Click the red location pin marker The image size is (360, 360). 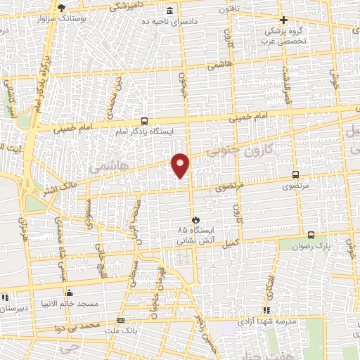click(181, 164)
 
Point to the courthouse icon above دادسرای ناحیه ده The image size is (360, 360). click(171, 11)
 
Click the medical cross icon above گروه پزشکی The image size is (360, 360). click(283, 20)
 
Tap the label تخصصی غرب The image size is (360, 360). click(286, 41)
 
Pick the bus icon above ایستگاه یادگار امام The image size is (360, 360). click(144, 120)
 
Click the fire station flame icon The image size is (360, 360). click(195, 219)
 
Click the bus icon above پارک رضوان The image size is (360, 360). click(311, 236)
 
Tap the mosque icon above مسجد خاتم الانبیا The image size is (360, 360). click(68, 293)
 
